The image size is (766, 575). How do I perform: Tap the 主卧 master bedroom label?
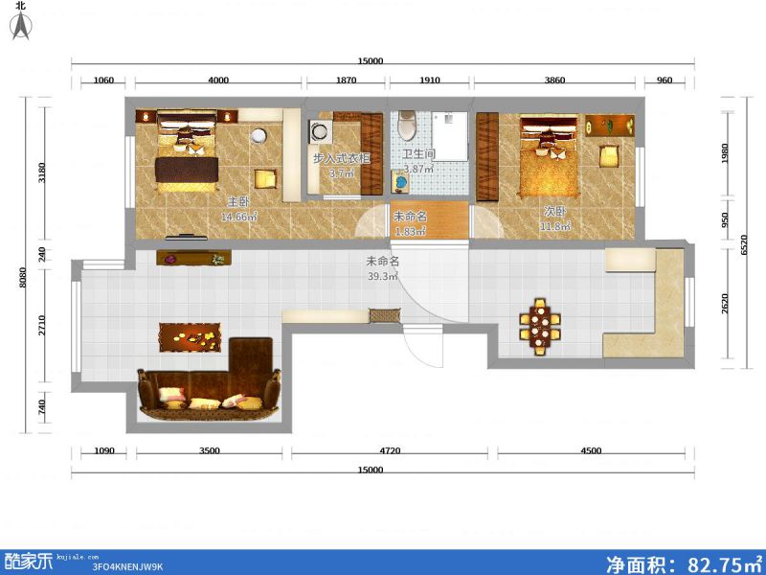pyautogui.click(x=238, y=201)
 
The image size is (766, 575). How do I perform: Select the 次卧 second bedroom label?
pyautogui.click(x=555, y=212)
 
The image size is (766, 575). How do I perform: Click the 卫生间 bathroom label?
pyautogui.click(x=418, y=154)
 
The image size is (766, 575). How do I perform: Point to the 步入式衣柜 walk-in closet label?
pyautogui.click(x=342, y=158)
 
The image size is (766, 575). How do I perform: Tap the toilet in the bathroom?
pyautogui.click(x=406, y=126)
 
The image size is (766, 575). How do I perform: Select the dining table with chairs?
pyautogui.click(x=540, y=327)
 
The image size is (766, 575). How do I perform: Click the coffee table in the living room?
pyautogui.click(x=190, y=337)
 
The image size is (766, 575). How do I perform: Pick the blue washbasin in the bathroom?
pyautogui.click(x=400, y=182)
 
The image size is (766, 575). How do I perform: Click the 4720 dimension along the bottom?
pyautogui.click(x=390, y=450)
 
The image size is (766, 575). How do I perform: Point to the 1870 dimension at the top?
pyautogui.click(x=346, y=80)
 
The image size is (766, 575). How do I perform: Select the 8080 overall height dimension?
pyautogui.click(x=22, y=278)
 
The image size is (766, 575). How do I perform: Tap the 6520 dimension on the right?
pyautogui.click(x=744, y=245)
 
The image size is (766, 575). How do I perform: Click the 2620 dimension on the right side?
pyautogui.click(x=725, y=304)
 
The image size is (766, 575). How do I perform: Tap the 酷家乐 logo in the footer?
pyautogui.click(x=29, y=562)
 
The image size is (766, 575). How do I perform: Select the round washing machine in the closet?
pyautogui.click(x=321, y=131)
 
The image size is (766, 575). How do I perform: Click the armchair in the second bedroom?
pyautogui.click(x=609, y=156)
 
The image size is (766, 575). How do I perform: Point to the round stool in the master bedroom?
pyautogui.click(x=259, y=135)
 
